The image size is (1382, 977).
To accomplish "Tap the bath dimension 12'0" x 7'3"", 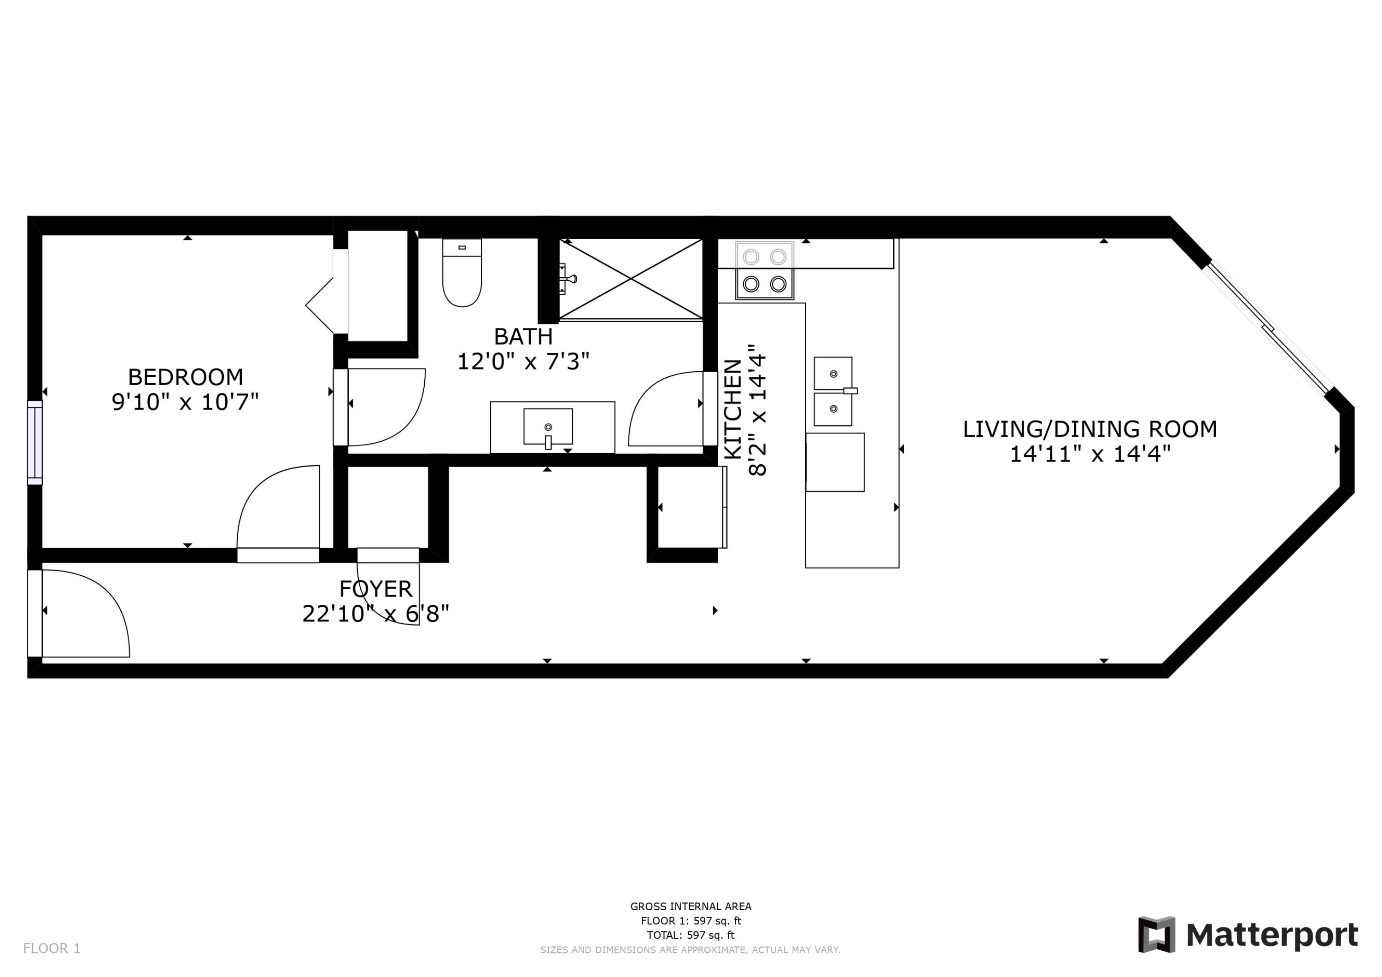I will (522, 362).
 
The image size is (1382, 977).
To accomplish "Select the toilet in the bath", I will (462, 274).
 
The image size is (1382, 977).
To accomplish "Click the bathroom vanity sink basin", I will (548, 426).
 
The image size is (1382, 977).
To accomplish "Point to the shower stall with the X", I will (631, 279).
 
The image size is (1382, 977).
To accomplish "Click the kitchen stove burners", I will (764, 270).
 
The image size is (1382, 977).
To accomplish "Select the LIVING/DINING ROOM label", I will (1089, 429).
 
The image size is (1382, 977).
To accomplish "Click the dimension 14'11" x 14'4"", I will (1089, 454).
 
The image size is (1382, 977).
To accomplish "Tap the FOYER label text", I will (375, 588).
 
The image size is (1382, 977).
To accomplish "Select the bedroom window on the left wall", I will (35, 443).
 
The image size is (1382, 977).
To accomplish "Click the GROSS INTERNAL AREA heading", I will (691, 907).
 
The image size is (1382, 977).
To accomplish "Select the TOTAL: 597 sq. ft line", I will (691, 936).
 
